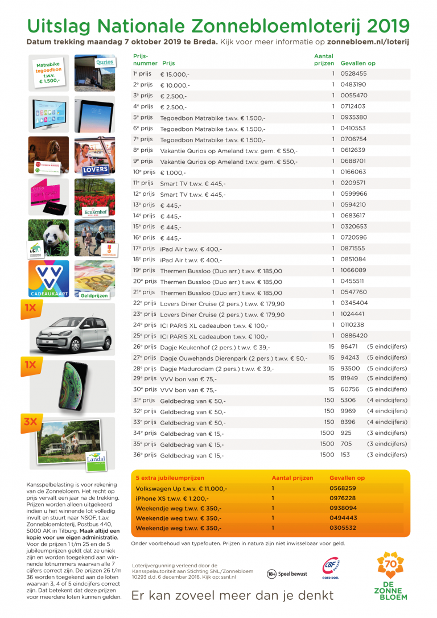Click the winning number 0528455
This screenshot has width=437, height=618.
coord(353,74)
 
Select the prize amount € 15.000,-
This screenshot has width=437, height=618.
coord(175,75)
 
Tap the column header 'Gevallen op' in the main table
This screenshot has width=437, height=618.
coord(358,64)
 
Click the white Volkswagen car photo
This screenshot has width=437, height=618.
coord(71,332)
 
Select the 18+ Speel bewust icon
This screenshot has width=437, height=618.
coord(287,574)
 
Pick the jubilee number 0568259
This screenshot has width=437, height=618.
coord(343,488)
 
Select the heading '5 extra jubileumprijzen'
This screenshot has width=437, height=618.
coord(170,478)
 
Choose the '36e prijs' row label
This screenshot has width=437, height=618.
coord(145,455)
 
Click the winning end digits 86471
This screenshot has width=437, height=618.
coord(349,347)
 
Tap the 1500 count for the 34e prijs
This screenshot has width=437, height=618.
coord(327,433)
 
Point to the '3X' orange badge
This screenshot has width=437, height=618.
coord(30,422)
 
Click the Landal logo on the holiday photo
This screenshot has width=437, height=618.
coord(95,459)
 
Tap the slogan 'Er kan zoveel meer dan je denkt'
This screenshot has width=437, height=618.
coord(232,596)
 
